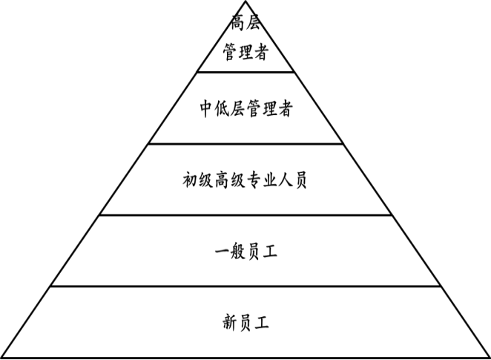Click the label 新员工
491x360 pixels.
pos(245,323)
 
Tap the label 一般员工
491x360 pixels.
pos(245,252)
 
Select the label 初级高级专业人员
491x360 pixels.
pos(245,180)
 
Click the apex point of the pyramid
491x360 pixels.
pos(245,1)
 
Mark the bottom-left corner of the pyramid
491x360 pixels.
pos(1,358)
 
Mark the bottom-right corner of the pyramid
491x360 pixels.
pos(489,358)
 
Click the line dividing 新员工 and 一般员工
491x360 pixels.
pos(245,286)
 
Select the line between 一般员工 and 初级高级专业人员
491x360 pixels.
pos(245,215)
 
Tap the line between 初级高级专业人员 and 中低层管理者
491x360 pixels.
pos(245,144)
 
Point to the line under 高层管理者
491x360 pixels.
pos(245,72)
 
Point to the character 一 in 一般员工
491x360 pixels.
pos(220,252)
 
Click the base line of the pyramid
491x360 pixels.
pos(245,358)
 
